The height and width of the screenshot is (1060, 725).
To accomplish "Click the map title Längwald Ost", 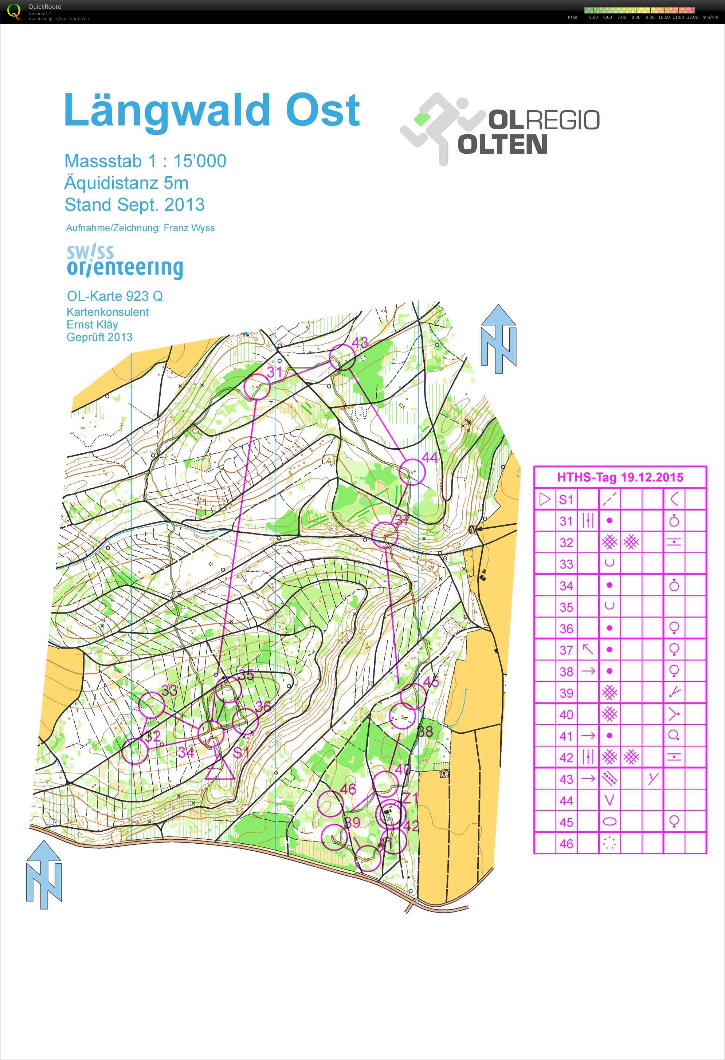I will click(x=212, y=110).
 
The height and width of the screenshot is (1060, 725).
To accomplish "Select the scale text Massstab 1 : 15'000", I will click(x=145, y=161).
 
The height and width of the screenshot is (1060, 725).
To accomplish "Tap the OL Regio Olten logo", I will click(x=499, y=129).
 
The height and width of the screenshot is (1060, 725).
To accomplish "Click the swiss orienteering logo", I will click(x=124, y=261).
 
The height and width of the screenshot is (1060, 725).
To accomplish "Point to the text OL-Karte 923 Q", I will click(x=114, y=296).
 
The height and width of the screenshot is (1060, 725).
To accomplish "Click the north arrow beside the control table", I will click(x=498, y=338).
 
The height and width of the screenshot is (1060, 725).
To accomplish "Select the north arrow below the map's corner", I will click(x=44, y=874).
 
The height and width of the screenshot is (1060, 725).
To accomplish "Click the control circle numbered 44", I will click(x=412, y=472).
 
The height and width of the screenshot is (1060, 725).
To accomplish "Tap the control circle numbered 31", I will click(x=257, y=386).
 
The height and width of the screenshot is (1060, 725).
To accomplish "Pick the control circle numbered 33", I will click(x=152, y=705).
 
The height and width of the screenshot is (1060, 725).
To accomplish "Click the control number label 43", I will click(x=360, y=342).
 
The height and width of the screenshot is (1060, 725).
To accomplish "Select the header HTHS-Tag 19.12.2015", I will click(x=620, y=477).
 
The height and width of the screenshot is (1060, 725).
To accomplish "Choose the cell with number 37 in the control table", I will click(x=566, y=650).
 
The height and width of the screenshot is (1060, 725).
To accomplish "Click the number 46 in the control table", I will click(x=566, y=844).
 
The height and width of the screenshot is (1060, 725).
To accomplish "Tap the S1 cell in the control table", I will click(x=566, y=500).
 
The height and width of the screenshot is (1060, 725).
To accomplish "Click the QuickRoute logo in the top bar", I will click(x=15, y=11).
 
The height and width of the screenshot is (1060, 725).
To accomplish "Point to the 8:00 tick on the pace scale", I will click(x=636, y=17).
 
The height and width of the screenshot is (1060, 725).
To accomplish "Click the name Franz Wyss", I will click(x=189, y=228).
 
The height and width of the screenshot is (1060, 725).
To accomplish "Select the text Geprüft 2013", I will click(x=99, y=337).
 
